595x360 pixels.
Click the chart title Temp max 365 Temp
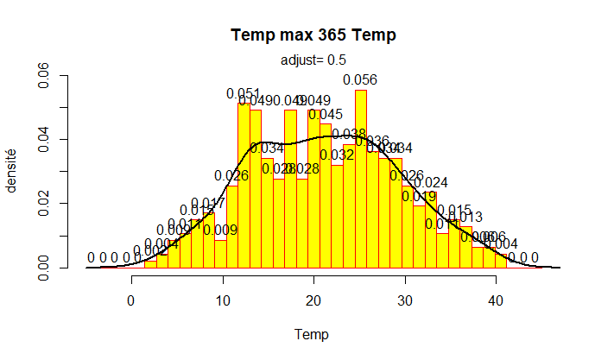coord(313,35)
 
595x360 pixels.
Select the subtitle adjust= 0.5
coord(313,60)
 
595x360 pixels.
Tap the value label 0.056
coord(360,79)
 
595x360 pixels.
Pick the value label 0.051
coord(244,93)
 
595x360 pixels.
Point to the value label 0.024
coord(431,182)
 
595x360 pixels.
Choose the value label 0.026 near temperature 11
coord(231,176)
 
